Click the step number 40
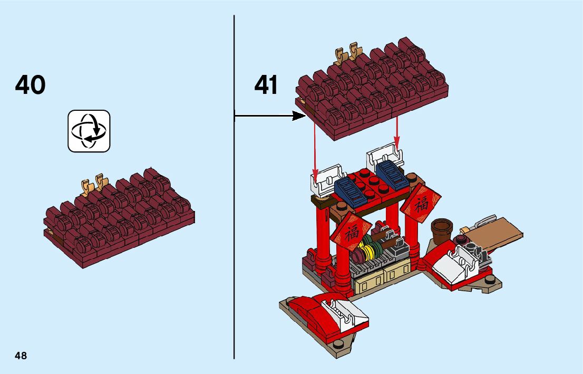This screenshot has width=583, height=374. pyautogui.click(x=31, y=85)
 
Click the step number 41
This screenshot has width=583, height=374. pyautogui.click(x=266, y=85)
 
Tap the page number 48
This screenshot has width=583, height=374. pyautogui.click(x=21, y=356)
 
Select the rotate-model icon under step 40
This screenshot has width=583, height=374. pyautogui.click(x=89, y=131)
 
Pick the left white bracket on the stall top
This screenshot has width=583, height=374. pyautogui.click(x=325, y=178)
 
